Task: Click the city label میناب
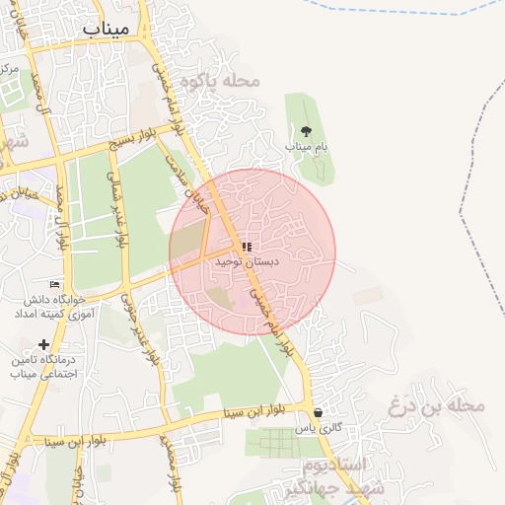pos(107,29)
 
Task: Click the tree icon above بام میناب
pos(307,130)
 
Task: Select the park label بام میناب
pos(307,146)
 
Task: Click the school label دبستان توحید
pos(248,262)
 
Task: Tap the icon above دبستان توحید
pos(248,247)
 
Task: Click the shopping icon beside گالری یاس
pos(318,413)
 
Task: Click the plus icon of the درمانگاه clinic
pos(43,344)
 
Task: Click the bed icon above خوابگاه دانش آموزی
pos(55,284)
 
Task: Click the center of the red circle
pos(252,252)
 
